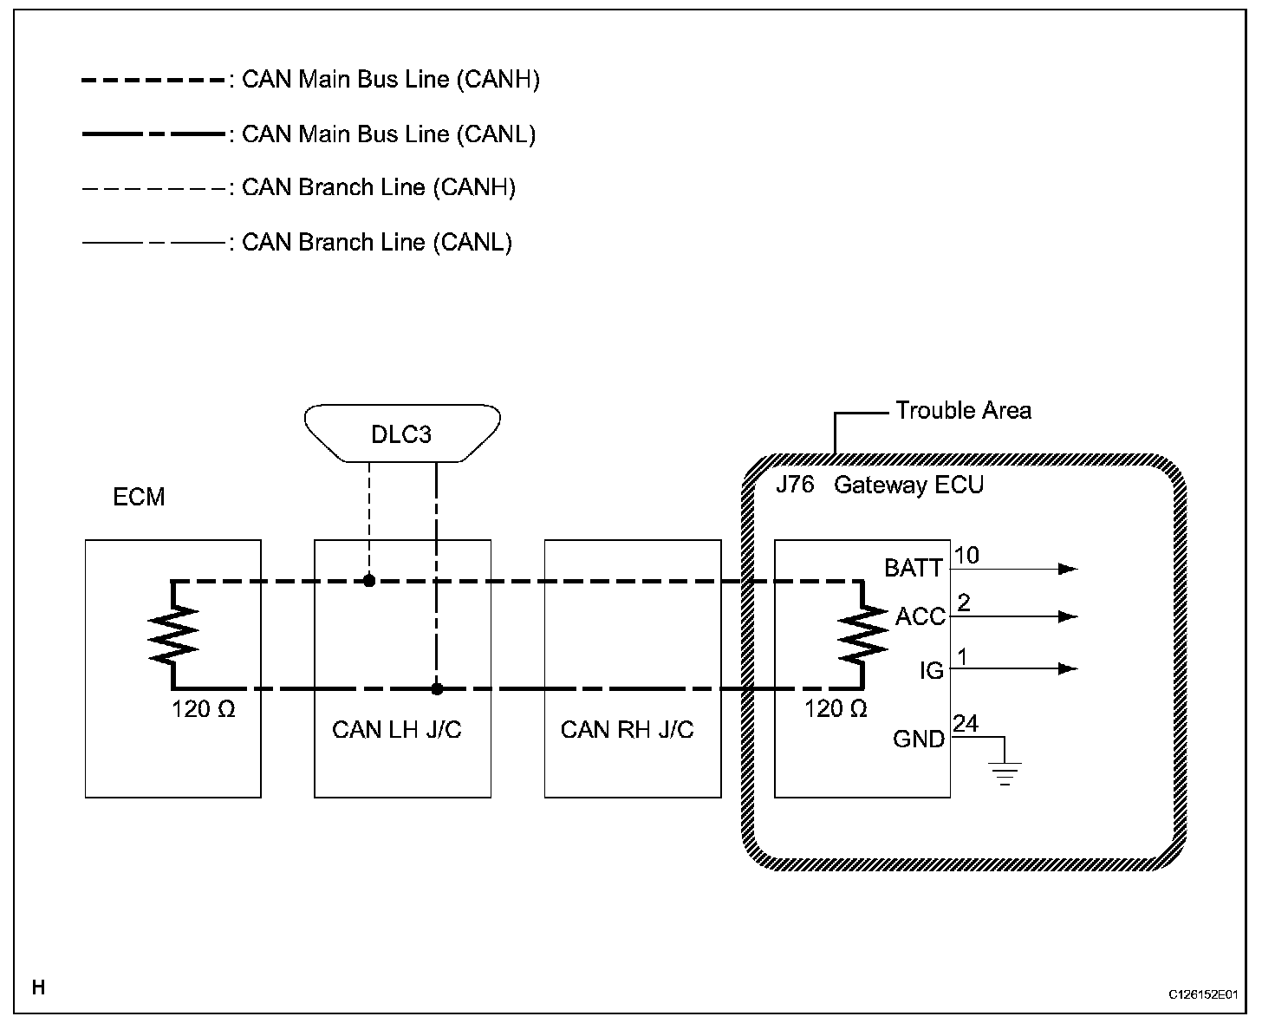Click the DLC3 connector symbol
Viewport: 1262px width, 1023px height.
coord(402,433)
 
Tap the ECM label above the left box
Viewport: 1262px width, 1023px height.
coord(139,498)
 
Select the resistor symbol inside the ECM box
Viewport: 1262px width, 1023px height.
coord(174,635)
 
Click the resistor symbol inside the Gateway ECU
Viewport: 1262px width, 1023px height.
coord(862,635)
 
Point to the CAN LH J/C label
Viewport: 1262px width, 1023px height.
coord(397,729)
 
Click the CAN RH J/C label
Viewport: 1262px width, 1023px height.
coord(628,729)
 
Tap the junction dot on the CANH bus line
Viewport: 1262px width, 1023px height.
coord(369,581)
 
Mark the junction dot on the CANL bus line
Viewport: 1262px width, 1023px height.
coord(437,689)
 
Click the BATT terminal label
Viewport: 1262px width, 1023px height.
coord(913,569)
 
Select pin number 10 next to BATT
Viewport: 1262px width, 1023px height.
coord(966,556)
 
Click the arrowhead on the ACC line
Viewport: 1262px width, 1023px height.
coord(1069,616)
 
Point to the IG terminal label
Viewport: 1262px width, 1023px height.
coord(932,670)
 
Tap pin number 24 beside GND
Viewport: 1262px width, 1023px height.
coord(966,724)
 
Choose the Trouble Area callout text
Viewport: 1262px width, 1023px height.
coord(963,410)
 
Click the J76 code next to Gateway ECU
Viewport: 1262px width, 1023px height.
coord(795,484)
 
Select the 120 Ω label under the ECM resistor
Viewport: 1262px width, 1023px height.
coord(204,709)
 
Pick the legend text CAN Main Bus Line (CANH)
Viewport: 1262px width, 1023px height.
coord(391,80)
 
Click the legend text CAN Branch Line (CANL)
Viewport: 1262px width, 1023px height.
coord(377,242)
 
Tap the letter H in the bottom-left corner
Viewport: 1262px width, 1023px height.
coord(38,987)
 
